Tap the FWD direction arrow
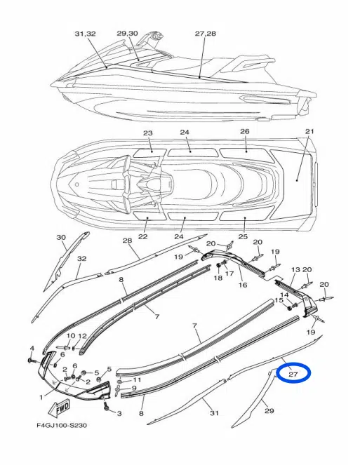tap(59, 407)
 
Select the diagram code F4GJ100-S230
tap(62, 426)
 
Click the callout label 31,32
tap(85, 34)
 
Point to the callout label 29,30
tap(127, 33)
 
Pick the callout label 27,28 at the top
tap(206, 33)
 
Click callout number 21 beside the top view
tap(309, 131)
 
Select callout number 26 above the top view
tap(244, 131)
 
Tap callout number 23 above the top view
tap(148, 133)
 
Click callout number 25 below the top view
tap(243, 236)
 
